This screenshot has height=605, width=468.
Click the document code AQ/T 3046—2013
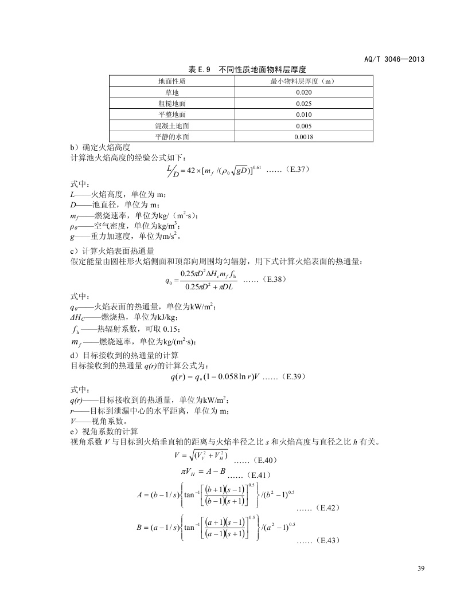[395, 59]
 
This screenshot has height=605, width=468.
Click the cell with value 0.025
[303, 104]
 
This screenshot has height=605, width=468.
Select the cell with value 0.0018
[303, 137]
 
